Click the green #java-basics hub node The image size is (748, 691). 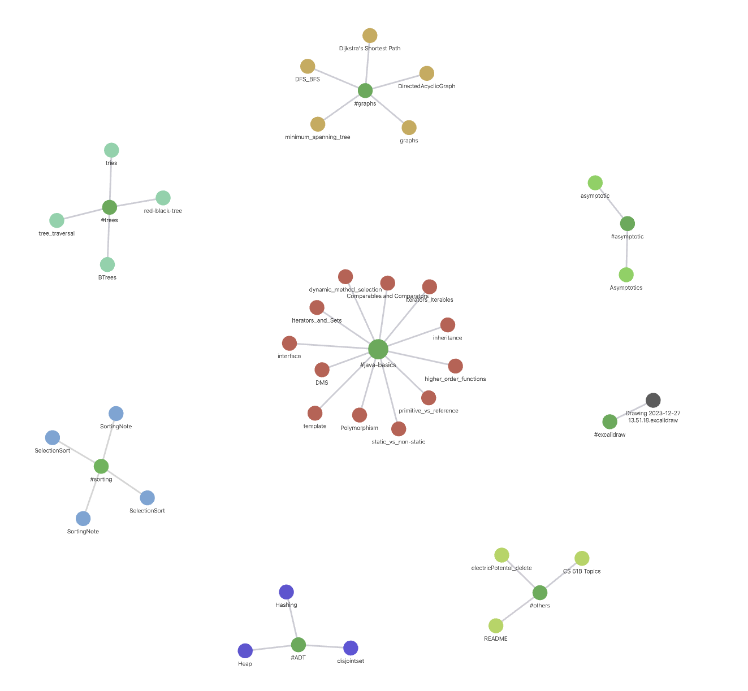click(378, 349)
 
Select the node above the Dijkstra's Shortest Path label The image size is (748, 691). click(370, 36)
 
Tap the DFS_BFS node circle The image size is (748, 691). click(308, 66)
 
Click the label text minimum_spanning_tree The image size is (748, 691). click(317, 137)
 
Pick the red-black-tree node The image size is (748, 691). click(163, 198)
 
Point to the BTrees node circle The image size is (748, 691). click(107, 264)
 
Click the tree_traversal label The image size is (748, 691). click(57, 233)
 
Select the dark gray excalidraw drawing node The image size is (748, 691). click(653, 401)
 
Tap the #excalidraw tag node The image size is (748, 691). click(609, 421)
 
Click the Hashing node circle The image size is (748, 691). click(286, 592)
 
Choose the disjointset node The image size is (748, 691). click(351, 648)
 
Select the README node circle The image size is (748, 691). click(496, 625)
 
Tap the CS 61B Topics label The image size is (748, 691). click(582, 571)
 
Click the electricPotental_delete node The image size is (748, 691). click(501, 555)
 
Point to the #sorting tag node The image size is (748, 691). click(101, 466)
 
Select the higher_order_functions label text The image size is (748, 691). click(455, 379)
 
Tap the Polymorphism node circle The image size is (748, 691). click(360, 415)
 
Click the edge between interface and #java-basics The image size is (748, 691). click(334, 346)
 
